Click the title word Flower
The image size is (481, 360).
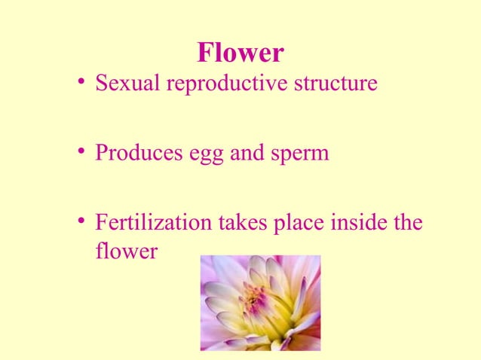click(240, 53)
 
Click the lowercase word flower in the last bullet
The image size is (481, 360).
click(126, 251)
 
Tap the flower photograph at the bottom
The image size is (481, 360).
click(260, 303)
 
